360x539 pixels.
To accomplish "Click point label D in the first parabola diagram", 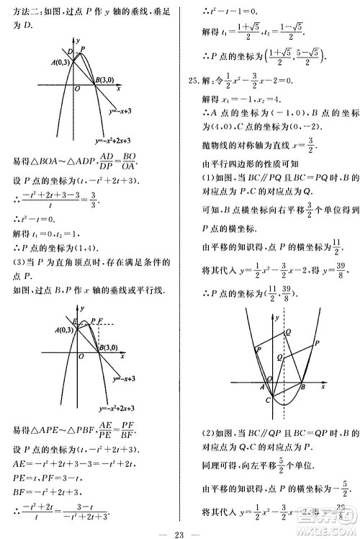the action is click(70, 52).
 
